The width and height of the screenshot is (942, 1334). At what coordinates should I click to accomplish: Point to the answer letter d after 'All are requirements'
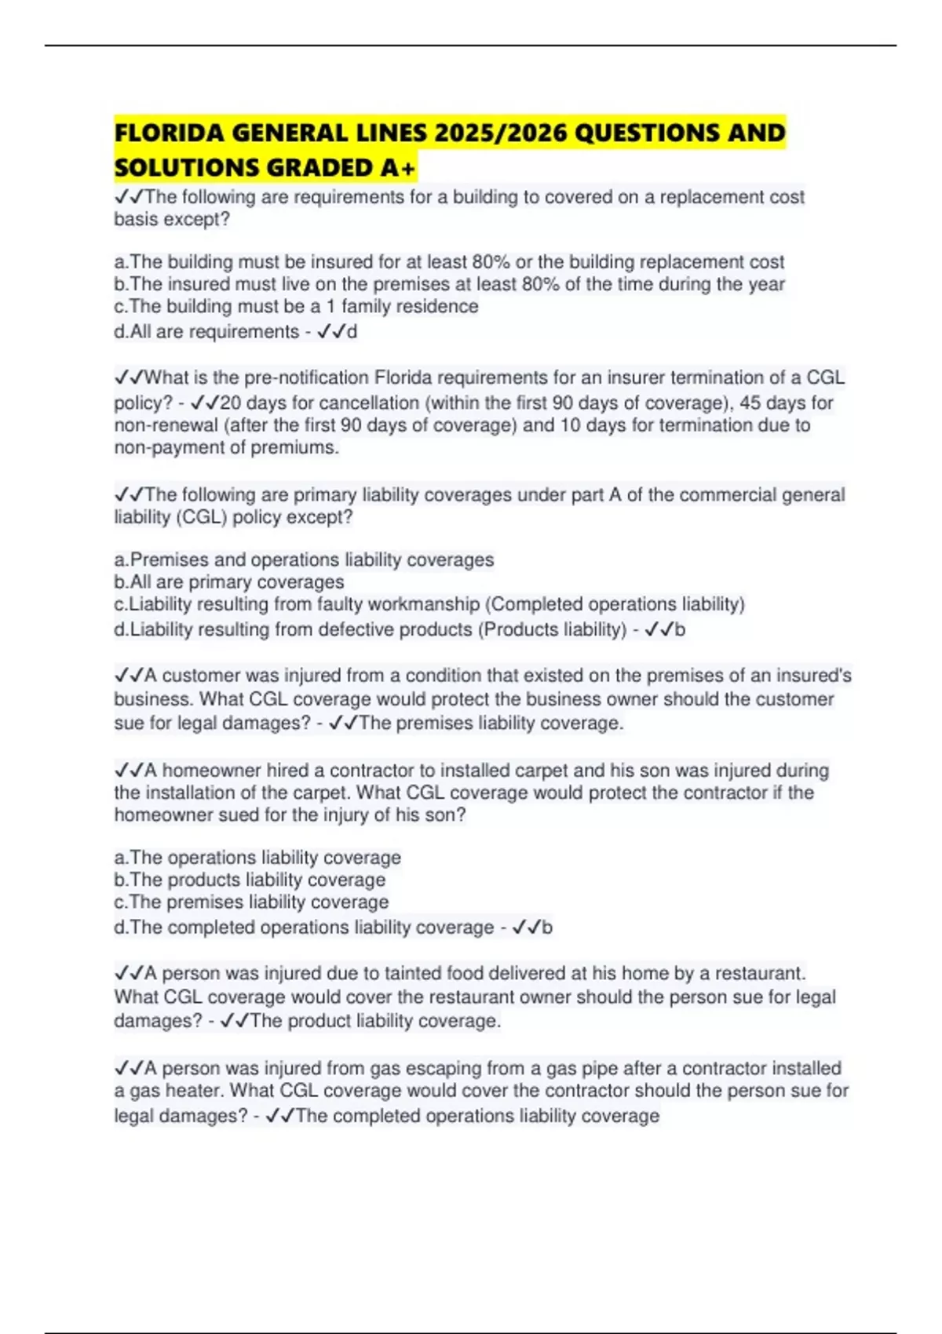pyautogui.click(x=352, y=332)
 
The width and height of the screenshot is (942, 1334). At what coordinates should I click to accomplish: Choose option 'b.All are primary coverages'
pyautogui.click(x=229, y=582)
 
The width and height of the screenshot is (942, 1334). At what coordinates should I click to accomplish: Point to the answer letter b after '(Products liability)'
pyautogui.click(x=680, y=629)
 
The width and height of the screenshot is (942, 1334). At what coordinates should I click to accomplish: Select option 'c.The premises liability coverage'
pyautogui.click(x=251, y=902)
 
